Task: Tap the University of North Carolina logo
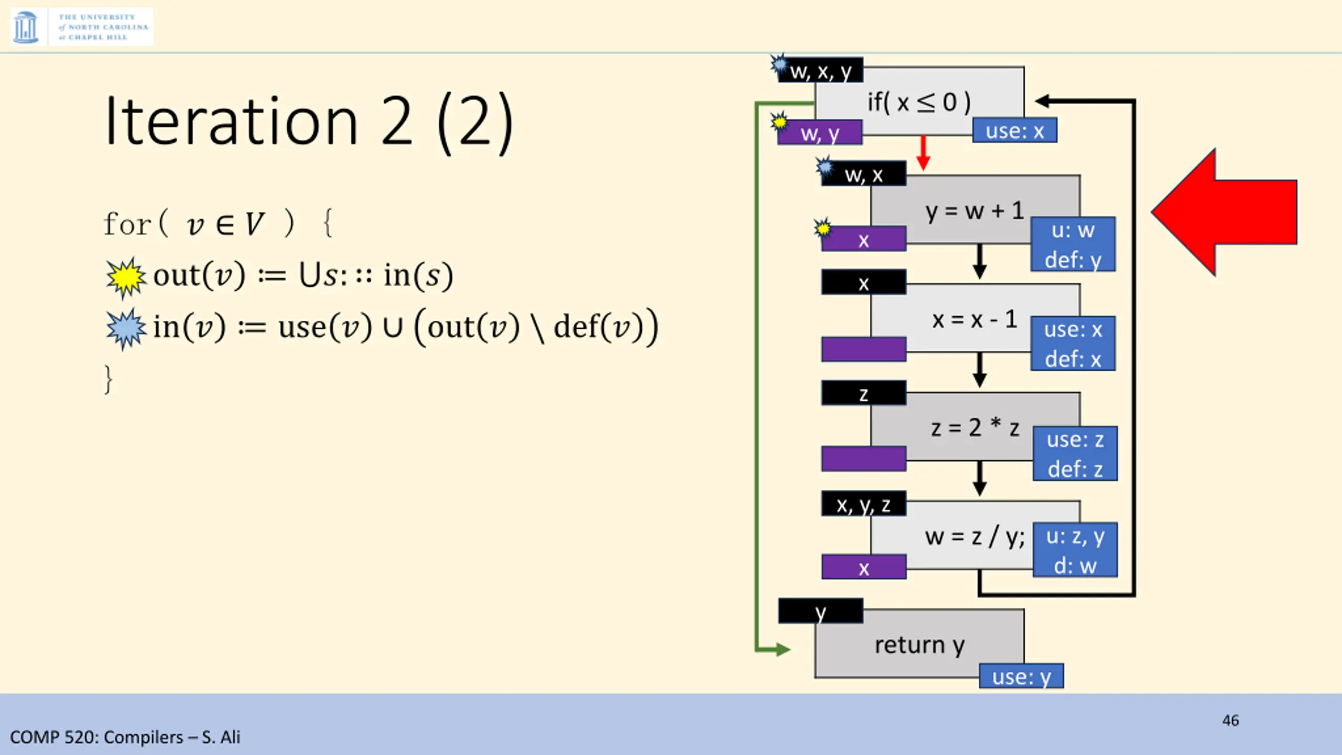point(81,27)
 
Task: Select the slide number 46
point(1230,720)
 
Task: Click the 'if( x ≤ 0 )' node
point(918,102)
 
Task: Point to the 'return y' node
point(918,644)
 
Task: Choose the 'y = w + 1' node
point(974,211)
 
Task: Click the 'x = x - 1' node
point(974,319)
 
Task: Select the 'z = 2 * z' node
point(974,428)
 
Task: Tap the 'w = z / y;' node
point(974,536)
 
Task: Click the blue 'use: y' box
point(1021,676)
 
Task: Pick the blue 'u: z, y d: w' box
point(1075,551)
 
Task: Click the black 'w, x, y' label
point(821,71)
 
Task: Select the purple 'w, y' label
point(820,133)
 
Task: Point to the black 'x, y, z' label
point(863,504)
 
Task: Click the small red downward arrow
point(923,153)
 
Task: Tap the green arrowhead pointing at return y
point(782,650)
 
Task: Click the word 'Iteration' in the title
point(231,122)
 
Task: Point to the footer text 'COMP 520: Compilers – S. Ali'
point(125,737)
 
